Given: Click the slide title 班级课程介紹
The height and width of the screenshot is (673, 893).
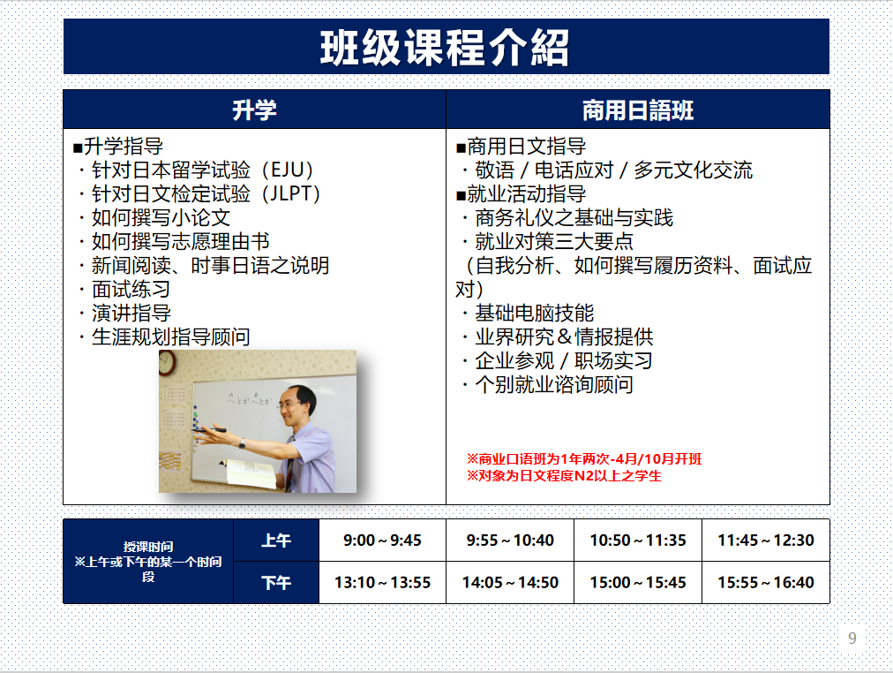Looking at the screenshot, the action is [445, 48].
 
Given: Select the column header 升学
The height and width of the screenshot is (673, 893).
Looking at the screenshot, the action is [254, 110].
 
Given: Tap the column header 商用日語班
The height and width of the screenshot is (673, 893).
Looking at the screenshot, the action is [638, 110].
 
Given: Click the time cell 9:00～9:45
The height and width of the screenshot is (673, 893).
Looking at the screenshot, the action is [382, 541].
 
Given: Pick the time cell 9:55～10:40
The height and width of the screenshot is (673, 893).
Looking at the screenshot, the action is [510, 541].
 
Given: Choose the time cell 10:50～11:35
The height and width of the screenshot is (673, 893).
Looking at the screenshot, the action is [638, 541].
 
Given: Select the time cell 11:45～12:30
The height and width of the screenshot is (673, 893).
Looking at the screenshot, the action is [765, 541].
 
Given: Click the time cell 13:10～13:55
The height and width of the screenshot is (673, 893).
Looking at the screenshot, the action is [382, 582].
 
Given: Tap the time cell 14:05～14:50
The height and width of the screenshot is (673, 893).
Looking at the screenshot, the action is [510, 582].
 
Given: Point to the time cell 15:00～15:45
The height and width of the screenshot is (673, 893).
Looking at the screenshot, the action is [638, 582].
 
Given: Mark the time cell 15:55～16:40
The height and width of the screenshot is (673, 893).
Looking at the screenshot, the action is [765, 582].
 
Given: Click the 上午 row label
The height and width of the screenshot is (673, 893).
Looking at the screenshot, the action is [276, 541].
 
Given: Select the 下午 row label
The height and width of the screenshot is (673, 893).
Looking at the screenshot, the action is [276, 582].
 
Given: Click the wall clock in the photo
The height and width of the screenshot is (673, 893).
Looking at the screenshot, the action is [167, 363].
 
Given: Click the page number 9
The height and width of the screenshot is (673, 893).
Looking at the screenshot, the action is [852, 639].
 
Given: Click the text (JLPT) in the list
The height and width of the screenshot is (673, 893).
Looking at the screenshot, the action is [290, 193].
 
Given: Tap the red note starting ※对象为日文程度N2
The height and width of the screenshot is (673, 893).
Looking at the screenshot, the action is [564, 476].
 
